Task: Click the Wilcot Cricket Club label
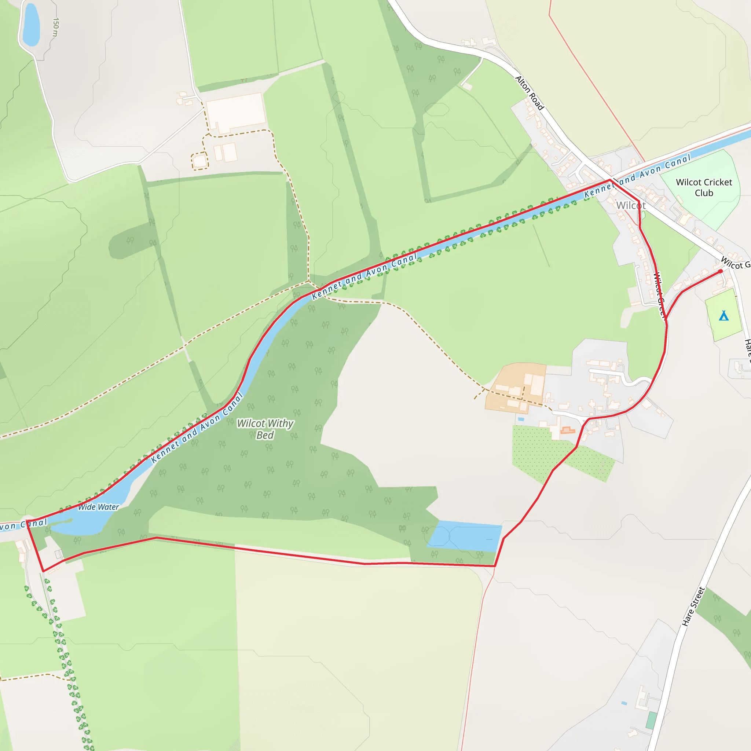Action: (x=704, y=187)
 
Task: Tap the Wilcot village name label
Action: (x=630, y=205)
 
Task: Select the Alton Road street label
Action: (x=529, y=92)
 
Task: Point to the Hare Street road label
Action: (x=693, y=607)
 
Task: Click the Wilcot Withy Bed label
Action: (x=265, y=429)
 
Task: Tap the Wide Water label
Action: (x=98, y=507)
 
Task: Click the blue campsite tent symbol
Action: (x=723, y=316)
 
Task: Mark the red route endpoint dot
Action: (x=720, y=271)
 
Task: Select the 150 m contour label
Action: (x=55, y=27)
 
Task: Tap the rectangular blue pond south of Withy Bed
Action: (x=465, y=536)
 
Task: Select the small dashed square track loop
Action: (x=199, y=161)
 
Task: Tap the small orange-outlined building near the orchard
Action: (x=568, y=430)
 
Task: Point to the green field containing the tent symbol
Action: (x=723, y=323)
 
